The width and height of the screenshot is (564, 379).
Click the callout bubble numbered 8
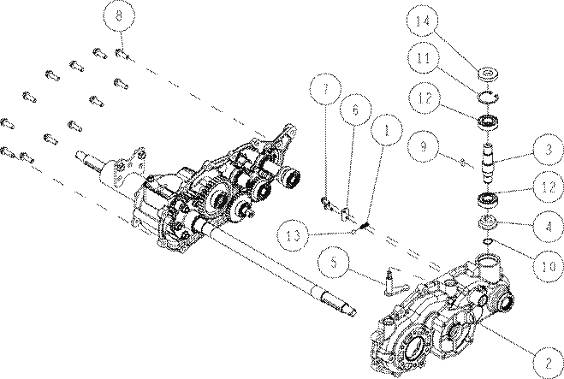[119, 16]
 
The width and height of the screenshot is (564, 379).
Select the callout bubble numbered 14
[423, 21]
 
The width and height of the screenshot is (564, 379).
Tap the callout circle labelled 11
[424, 58]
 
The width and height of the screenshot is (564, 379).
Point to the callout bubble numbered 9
[424, 146]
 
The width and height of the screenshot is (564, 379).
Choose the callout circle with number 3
[549, 149]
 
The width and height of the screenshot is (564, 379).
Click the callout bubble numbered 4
[549, 227]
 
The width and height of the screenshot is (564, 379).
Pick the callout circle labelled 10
[549, 266]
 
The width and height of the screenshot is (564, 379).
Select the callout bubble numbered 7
[326, 89]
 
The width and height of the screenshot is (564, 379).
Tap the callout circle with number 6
[355, 110]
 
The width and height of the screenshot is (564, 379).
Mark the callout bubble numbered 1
[386, 130]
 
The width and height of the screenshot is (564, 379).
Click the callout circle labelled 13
[294, 235]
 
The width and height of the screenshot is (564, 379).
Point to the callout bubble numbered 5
[334, 262]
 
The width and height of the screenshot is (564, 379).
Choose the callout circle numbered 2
[548, 363]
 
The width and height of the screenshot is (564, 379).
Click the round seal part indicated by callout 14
[488, 74]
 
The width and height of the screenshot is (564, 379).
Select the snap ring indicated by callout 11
[487, 97]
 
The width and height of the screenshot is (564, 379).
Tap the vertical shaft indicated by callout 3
[487, 163]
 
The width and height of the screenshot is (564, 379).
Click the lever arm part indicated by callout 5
[394, 281]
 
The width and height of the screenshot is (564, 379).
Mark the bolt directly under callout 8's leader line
[122, 54]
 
